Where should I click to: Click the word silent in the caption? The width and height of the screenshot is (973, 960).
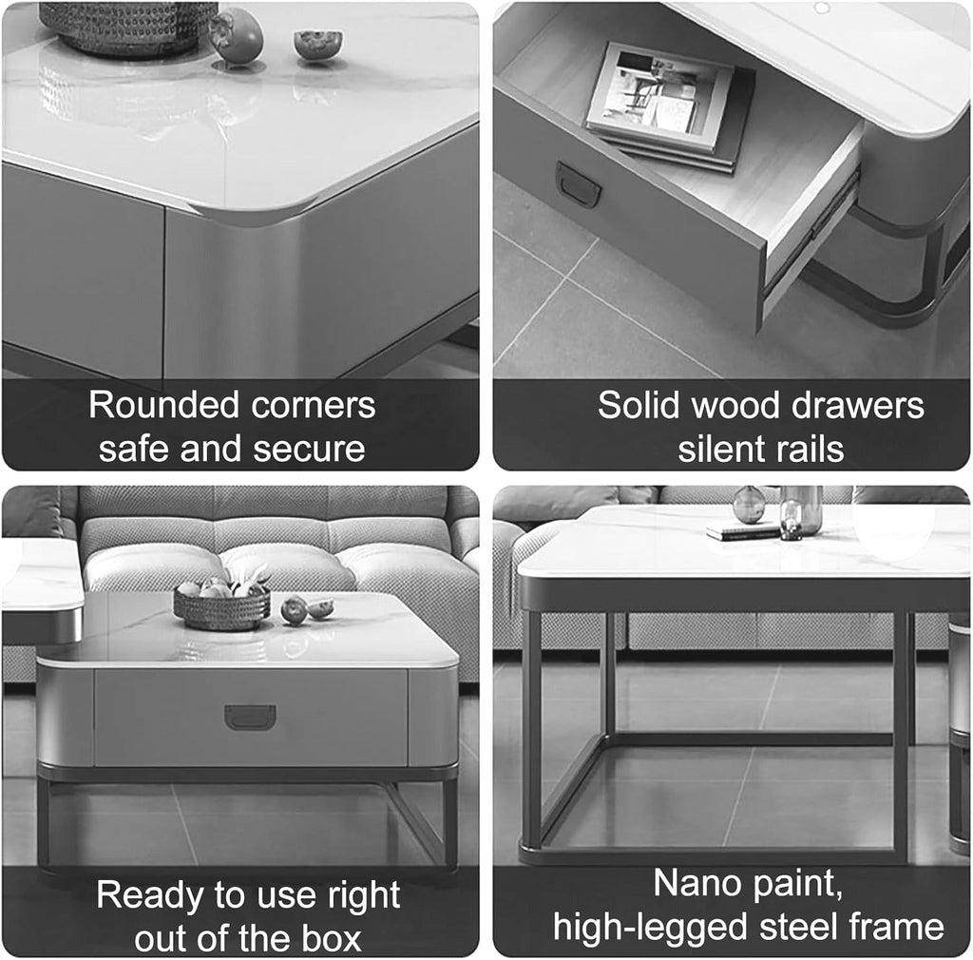(x=717, y=449)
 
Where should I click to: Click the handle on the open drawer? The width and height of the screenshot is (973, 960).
(x=578, y=183)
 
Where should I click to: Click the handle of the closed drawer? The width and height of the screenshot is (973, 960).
(x=250, y=717)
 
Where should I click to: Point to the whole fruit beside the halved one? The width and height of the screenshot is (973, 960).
(x=237, y=36)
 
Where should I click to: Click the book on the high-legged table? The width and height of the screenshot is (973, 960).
(x=742, y=531)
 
